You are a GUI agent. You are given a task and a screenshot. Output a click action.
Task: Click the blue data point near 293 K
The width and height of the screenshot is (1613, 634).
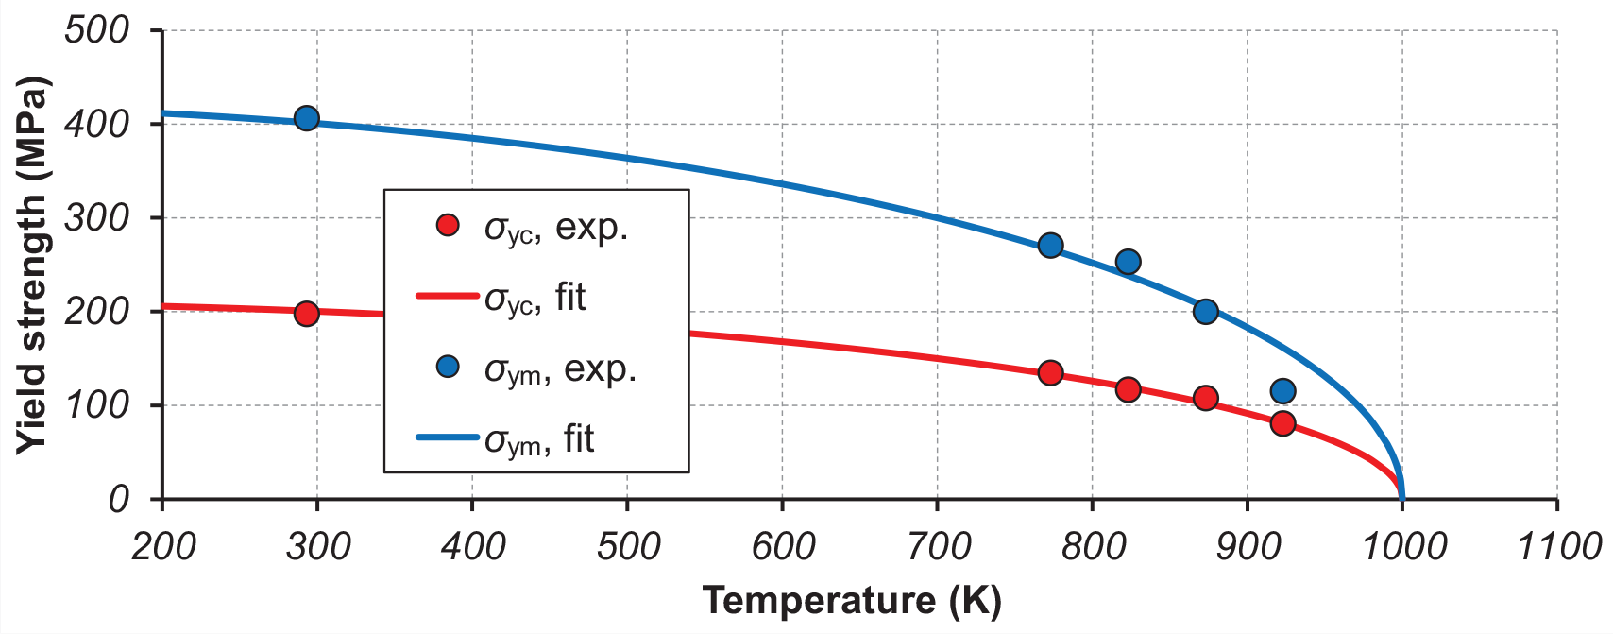coord(306,118)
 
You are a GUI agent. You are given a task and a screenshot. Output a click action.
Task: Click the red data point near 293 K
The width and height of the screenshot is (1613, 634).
coord(306,314)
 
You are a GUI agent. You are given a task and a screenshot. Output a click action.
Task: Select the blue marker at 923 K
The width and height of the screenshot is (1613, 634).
coord(1282,391)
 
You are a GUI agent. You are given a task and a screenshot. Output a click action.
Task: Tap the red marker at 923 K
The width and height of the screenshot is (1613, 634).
coord(1282,423)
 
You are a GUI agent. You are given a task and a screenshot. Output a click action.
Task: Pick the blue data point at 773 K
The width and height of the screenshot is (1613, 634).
coord(1050,246)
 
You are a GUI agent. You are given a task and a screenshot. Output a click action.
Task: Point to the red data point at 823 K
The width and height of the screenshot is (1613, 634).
coord(1128,389)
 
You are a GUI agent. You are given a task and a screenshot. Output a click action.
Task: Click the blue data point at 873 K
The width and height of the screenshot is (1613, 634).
coord(1205,312)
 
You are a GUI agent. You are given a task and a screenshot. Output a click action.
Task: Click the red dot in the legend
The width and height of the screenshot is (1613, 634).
coord(448,225)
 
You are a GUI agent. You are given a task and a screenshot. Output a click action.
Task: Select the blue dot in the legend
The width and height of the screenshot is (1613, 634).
coord(448,367)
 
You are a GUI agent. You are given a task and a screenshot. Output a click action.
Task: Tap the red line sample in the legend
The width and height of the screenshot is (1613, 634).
coord(448,296)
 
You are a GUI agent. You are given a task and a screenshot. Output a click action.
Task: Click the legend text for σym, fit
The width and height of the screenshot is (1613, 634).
coord(539,440)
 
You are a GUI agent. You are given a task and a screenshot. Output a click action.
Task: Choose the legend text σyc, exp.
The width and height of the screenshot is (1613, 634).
coord(556,229)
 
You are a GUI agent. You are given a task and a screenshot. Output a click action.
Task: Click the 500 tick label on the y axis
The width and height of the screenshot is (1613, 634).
coord(96,29)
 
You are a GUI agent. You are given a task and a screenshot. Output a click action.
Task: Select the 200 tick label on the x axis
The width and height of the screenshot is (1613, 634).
coord(163,546)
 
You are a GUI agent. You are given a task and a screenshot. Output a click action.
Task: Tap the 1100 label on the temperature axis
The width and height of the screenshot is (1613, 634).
coord(1558,546)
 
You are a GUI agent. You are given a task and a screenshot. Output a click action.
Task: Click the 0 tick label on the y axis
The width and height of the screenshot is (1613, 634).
coord(118,499)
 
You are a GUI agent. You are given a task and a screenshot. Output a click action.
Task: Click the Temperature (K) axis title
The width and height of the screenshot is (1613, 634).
coord(851,601)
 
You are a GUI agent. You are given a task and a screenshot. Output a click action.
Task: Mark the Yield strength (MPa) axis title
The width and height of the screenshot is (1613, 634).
coord(32,265)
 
